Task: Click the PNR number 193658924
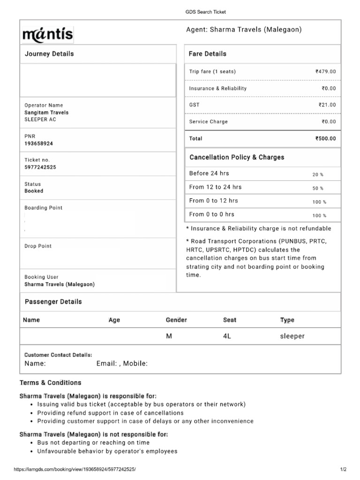tap(38, 143)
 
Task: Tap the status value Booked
tap(34, 191)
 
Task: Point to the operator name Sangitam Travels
tap(46, 112)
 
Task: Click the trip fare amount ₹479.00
tap(326, 72)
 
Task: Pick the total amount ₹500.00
tap(326, 139)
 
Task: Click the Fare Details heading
tap(207, 54)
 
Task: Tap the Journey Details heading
tap(49, 54)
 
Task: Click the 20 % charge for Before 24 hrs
tap(318, 174)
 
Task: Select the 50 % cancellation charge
tap(318, 188)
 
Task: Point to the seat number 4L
tap(227, 336)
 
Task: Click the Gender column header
tap(176, 320)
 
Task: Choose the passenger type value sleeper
tap(292, 336)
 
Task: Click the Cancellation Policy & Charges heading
tap(237, 157)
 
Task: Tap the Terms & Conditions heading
tap(50, 382)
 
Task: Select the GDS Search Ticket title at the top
tap(202, 12)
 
